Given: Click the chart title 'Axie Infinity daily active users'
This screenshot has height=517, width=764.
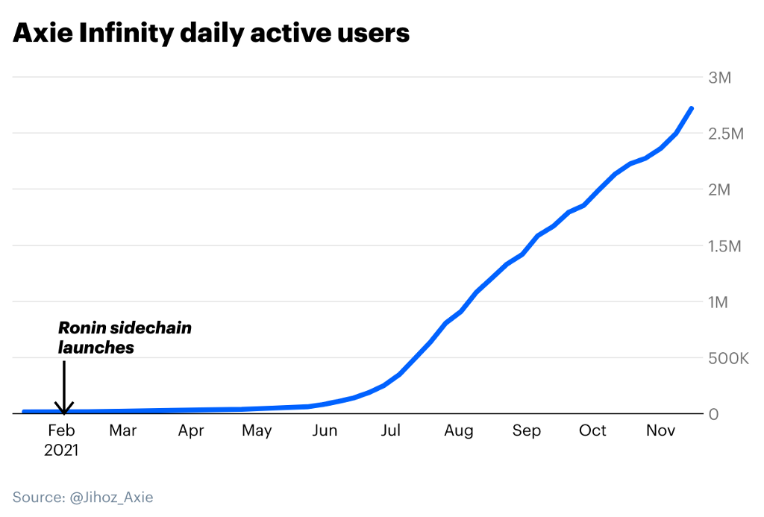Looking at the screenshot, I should pyautogui.click(x=211, y=34).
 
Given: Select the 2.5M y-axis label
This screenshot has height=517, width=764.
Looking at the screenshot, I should pyautogui.click(x=726, y=134).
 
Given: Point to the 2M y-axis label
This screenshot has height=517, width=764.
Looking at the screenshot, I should pyautogui.click(x=720, y=189).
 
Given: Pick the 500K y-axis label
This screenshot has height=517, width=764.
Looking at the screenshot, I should pyautogui.click(x=727, y=358).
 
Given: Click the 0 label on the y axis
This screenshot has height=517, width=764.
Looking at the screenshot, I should pyautogui.click(x=714, y=414).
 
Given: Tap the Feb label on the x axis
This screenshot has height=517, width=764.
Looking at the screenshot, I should pyautogui.click(x=61, y=430).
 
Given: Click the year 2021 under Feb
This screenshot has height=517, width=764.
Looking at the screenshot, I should pyautogui.click(x=61, y=450).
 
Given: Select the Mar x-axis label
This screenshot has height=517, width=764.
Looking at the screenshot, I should pyautogui.click(x=123, y=430).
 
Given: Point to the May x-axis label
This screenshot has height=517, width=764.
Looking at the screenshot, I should pyautogui.click(x=257, y=430).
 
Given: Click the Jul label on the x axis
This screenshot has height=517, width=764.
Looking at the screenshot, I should pyautogui.click(x=390, y=430).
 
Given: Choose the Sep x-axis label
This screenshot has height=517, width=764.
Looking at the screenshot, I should pyautogui.click(x=527, y=430).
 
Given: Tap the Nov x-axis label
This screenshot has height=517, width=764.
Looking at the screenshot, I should pyautogui.click(x=660, y=430).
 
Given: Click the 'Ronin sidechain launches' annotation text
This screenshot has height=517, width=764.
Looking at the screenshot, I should pyautogui.click(x=125, y=337).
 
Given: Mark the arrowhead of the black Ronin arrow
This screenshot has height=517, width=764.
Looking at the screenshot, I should pyautogui.click(x=64, y=409).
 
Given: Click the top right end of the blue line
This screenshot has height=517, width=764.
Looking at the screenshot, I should pyautogui.click(x=692, y=109).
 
